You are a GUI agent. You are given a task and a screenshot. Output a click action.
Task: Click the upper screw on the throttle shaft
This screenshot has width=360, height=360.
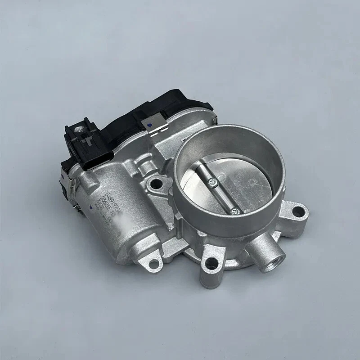[211, 182]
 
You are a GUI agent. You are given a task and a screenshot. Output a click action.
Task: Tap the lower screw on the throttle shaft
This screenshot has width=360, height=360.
[234, 210]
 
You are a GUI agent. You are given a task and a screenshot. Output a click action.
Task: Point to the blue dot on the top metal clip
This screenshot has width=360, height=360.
[149, 122]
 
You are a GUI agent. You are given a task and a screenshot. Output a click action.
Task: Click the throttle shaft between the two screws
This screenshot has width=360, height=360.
[222, 196]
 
